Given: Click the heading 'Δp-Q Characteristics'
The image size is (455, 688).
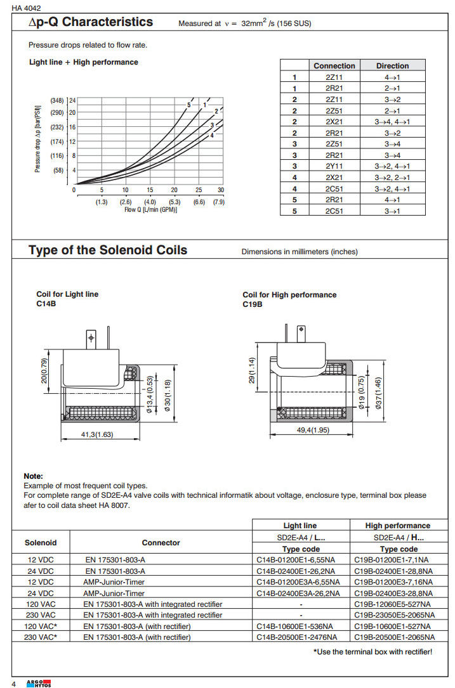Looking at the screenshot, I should point(91,22).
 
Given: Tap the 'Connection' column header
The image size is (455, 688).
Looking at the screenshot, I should point(334,66).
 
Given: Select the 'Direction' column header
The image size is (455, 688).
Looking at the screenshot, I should point(392,66).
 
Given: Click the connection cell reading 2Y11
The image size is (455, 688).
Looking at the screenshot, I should point(334,167).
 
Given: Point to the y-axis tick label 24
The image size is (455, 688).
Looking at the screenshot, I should point(73,101).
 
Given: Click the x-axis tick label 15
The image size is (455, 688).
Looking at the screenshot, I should point(150,190).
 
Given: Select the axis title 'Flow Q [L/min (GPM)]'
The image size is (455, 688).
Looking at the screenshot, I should point(150,209).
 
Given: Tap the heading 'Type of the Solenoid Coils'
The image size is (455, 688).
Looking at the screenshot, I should point(108,250).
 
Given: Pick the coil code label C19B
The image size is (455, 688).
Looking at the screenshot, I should point(253,304).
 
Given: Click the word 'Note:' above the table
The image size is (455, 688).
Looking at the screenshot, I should point(33,476).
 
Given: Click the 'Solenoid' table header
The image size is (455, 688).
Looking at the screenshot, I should point(41,543).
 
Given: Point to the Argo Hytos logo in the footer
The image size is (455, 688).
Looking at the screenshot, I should point(39,682).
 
